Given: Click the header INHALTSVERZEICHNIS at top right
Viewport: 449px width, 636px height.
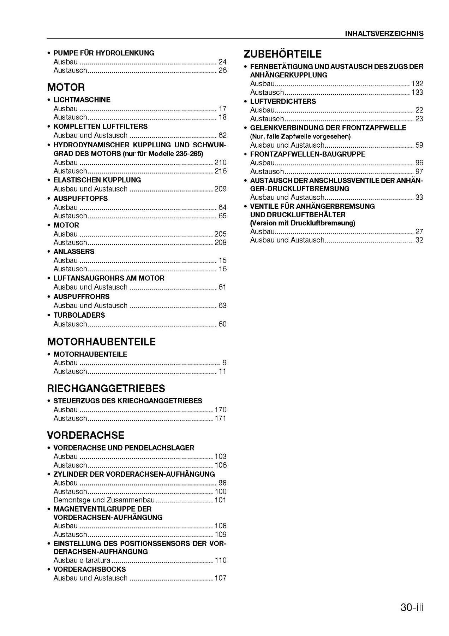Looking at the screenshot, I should pyautogui.click(x=384, y=34).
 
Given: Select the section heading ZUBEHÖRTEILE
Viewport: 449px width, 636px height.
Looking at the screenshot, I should pyautogui.click(x=282, y=54).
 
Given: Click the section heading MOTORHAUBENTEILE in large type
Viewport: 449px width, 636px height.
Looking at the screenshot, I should pyautogui.click(x=101, y=342).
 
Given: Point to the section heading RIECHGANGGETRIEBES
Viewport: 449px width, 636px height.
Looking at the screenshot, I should pyautogui.click(x=106, y=388).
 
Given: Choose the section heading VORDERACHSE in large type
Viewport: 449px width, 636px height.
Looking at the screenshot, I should pyautogui.click(x=86, y=435).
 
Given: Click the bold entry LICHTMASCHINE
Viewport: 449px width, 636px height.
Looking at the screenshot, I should pyautogui.click(x=82, y=100).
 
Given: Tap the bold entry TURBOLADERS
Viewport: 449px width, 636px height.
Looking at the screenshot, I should pyautogui.click(x=79, y=315).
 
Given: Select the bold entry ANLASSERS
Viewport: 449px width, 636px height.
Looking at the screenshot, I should pyautogui.click(x=74, y=252).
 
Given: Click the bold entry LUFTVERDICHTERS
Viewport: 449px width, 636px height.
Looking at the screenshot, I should pyautogui.click(x=283, y=101).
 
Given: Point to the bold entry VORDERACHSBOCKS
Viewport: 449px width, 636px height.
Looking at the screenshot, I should pyautogui.click(x=89, y=569).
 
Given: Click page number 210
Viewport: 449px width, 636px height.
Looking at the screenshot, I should pyautogui.click(x=220, y=163).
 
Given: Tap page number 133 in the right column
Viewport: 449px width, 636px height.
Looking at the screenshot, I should pyautogui.click(x=417, y=93).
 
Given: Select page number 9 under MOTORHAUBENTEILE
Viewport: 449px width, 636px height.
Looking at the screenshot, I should pyautogui.click(x=224, y=363).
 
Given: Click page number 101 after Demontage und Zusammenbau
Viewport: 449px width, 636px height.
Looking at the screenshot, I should pyautogui.click(x=220, y=500).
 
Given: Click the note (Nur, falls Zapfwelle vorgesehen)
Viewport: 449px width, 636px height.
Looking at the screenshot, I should pyautogui.click(x=300, y=136).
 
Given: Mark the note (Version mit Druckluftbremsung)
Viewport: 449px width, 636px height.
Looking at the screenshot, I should pyautogui.click(x=303, y=223).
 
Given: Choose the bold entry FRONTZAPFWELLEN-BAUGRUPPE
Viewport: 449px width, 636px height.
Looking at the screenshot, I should pyautogui.click(x=308, y=154).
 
